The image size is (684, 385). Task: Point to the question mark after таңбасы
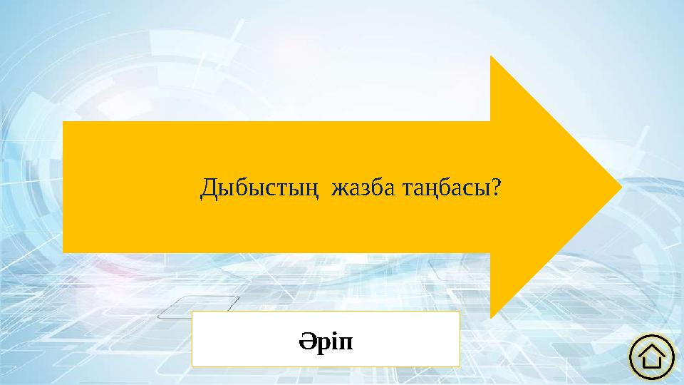click(498, 188)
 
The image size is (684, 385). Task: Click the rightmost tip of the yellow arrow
click(623, 187)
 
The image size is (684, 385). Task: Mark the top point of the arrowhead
click(491, 56)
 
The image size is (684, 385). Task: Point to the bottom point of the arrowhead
click(491, 318)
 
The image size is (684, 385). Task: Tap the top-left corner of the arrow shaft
click(63, 122)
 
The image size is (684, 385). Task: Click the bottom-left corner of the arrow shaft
click(63, 252)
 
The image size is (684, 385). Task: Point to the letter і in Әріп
click(333, 341)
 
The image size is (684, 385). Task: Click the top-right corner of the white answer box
click(460, 312)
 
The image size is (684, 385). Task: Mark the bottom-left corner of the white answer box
click(192, 366)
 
